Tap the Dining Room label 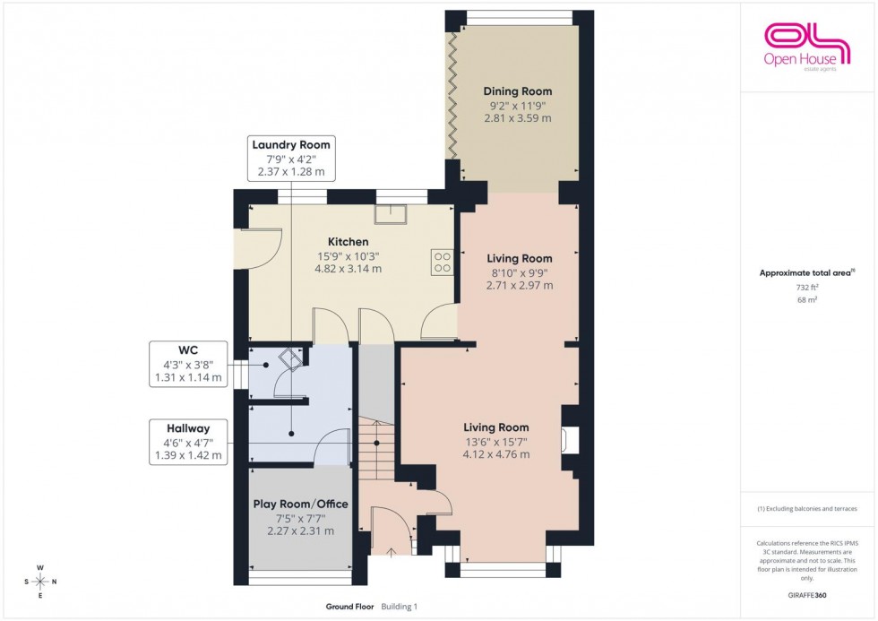click(x=517, y=91)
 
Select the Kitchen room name click(x=348, y=242)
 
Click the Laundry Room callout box click(x=291, y=159)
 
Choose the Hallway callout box click(x=188, y=443)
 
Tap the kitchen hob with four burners click(x=443, y=261)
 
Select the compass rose click(x=40, y=582)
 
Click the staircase click(x=376, y=457)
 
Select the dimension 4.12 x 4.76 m click(x=495, y=454)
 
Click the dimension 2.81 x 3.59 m click(x=517, y=118)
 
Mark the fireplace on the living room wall click(x=569, y=440)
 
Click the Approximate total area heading click(x=805, y=272)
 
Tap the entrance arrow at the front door click(x=391, y=552)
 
